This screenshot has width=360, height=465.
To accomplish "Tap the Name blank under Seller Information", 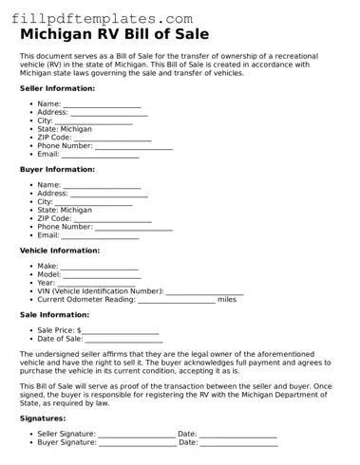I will [x=102, y=104].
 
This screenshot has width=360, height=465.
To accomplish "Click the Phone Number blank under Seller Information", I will [x=133, y=146].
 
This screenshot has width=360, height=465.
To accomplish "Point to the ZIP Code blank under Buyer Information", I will [x=112, y=218].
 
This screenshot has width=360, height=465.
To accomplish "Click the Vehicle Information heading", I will [x=59, y=251].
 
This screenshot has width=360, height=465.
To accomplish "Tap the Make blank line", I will [x=100, y=267].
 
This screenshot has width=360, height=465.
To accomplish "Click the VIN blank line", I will [x=204, y=291].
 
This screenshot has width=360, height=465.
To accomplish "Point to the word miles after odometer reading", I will [x=227, y=300].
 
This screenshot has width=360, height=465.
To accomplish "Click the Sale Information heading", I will [x=54, y=315].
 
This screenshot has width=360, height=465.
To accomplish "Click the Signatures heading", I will [x=43, y=418].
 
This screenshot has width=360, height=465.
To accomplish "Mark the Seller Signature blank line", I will [x=137, y=434].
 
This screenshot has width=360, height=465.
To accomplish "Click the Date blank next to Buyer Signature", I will [x=238, y=442].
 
